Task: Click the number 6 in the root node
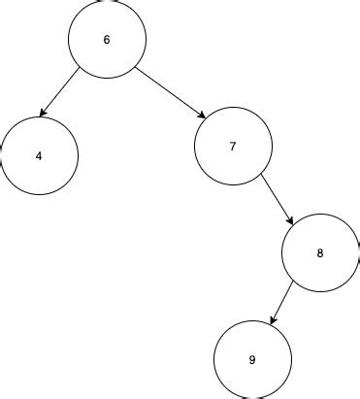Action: pos(107,40)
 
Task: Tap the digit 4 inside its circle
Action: pos(39,156)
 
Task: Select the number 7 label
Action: pos(233,147)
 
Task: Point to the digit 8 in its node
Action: pos(320,253)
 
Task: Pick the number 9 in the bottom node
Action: pos(252,360)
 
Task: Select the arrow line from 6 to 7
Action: pos(170,93)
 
